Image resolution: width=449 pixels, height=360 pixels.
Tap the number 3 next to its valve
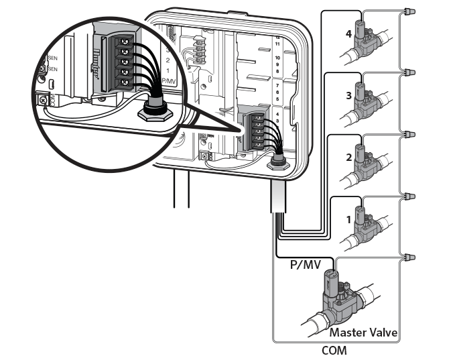[x=348, y=95]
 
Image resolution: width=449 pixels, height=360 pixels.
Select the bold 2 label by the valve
[x=348, y=158]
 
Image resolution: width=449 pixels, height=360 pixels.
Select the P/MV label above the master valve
[x=304, y=265]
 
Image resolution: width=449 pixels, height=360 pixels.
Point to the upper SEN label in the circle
[x=42, y=58]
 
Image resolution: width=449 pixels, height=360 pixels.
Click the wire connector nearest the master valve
[x=409, y=257]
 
